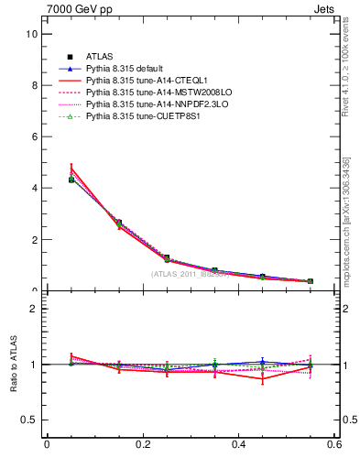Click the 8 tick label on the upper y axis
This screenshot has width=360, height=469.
(34, 85)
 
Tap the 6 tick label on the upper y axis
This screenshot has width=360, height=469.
(34, 136)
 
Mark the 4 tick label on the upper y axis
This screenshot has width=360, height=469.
(34, 188)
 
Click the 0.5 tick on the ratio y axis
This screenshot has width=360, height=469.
(29, 420)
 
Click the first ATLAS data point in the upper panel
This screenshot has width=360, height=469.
(71, 180)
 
